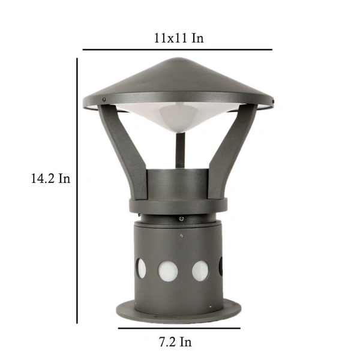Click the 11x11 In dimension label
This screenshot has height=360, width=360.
tap(178, 38)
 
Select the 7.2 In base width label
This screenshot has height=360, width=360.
tap(175, 342)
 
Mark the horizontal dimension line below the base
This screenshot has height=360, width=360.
tap(179, 328)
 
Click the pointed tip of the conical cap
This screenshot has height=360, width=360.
tap(178, 59)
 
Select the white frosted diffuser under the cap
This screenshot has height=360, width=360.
tap(178, 118)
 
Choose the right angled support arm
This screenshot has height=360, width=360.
tap(232, 150)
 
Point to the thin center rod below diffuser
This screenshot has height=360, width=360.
tap(178, 150)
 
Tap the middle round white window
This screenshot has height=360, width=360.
tap(167, 270)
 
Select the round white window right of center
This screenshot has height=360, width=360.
tap(200, 270)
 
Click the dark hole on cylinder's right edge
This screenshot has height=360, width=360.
tap(221, 266)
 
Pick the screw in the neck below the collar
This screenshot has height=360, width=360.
tap(178, 219)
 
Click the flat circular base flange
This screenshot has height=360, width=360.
tap(178, 312)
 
